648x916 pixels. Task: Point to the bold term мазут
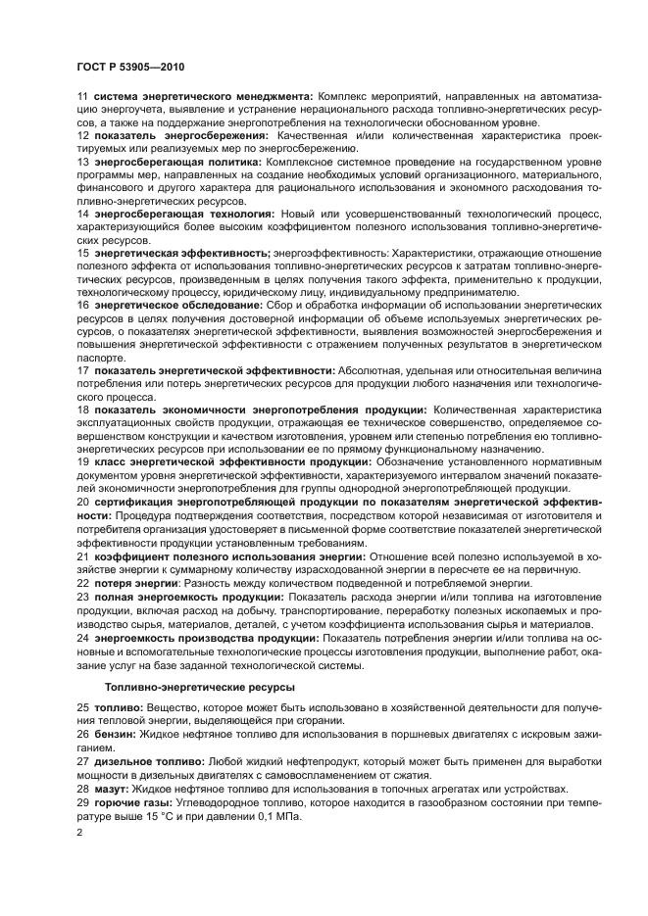113,789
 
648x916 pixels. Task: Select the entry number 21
82,555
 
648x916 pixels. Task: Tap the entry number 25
82,706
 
